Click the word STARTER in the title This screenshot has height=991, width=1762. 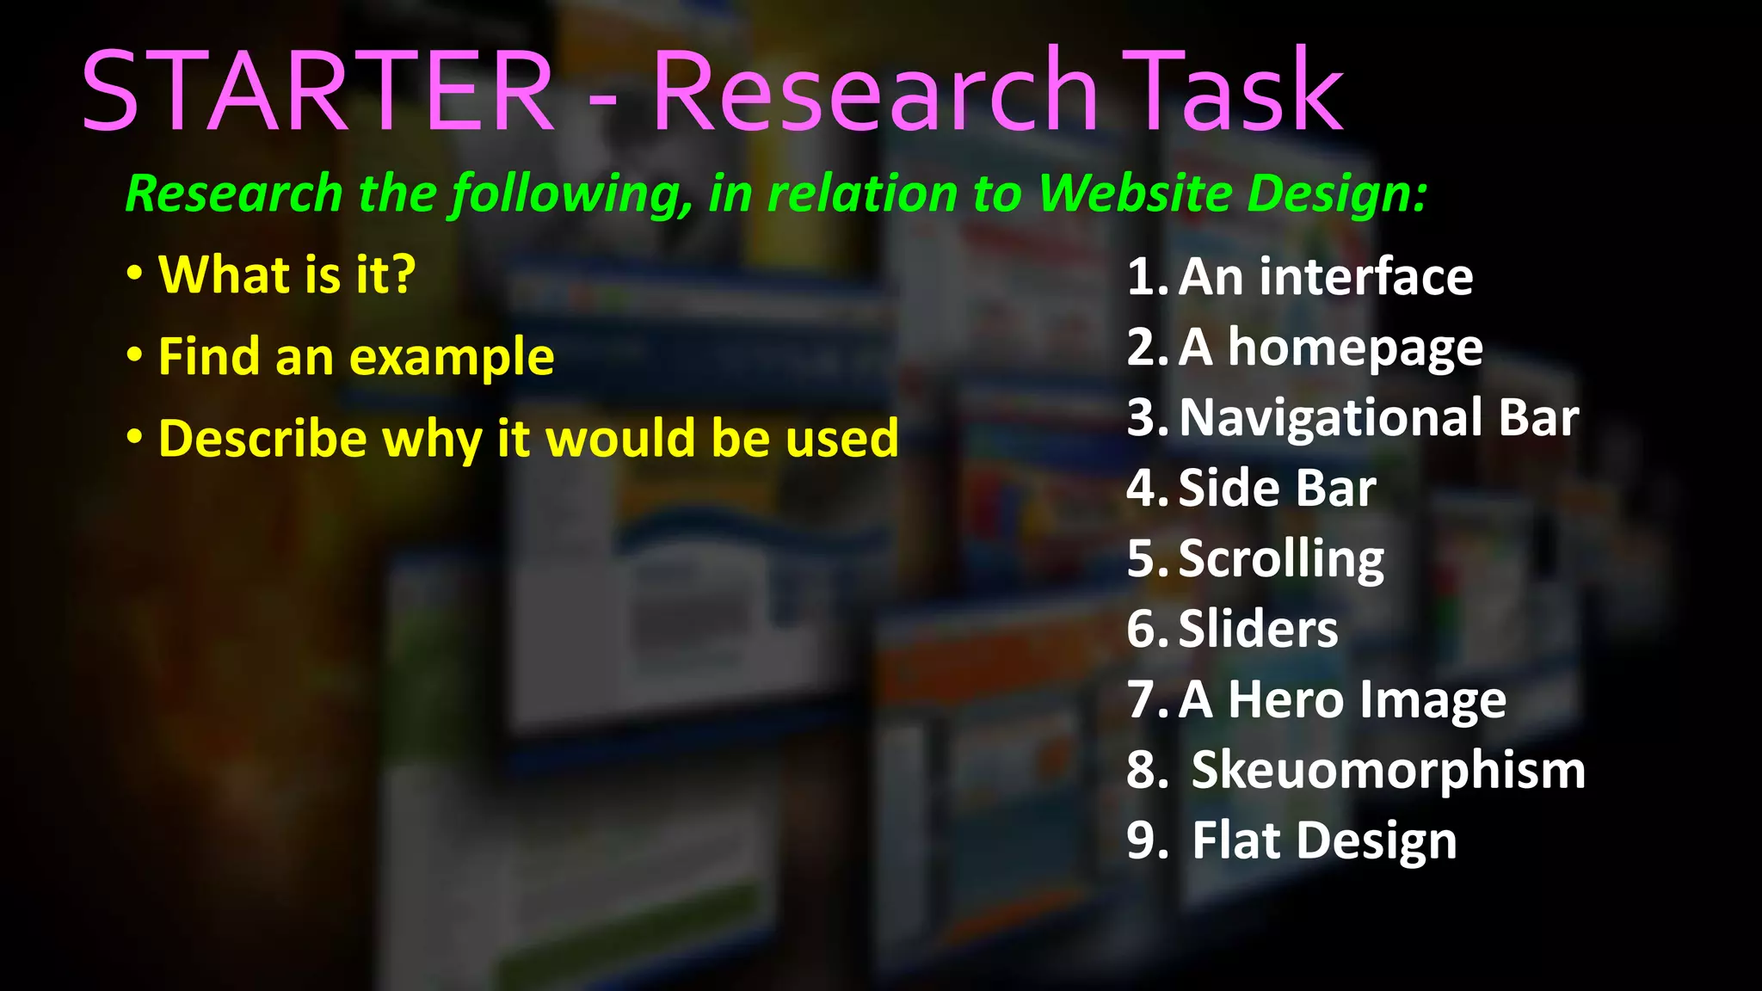tap(317, 91)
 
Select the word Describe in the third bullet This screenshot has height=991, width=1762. tap(263, 439)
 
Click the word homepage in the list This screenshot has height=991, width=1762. tap(1355, 348)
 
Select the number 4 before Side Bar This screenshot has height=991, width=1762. tap(1143, 489)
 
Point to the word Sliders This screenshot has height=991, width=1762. tap(1258, 629)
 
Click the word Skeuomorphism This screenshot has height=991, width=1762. tap(1388, 770)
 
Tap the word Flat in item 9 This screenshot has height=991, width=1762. tap(1236, 840)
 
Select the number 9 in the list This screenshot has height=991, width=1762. tap(1143, 840)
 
